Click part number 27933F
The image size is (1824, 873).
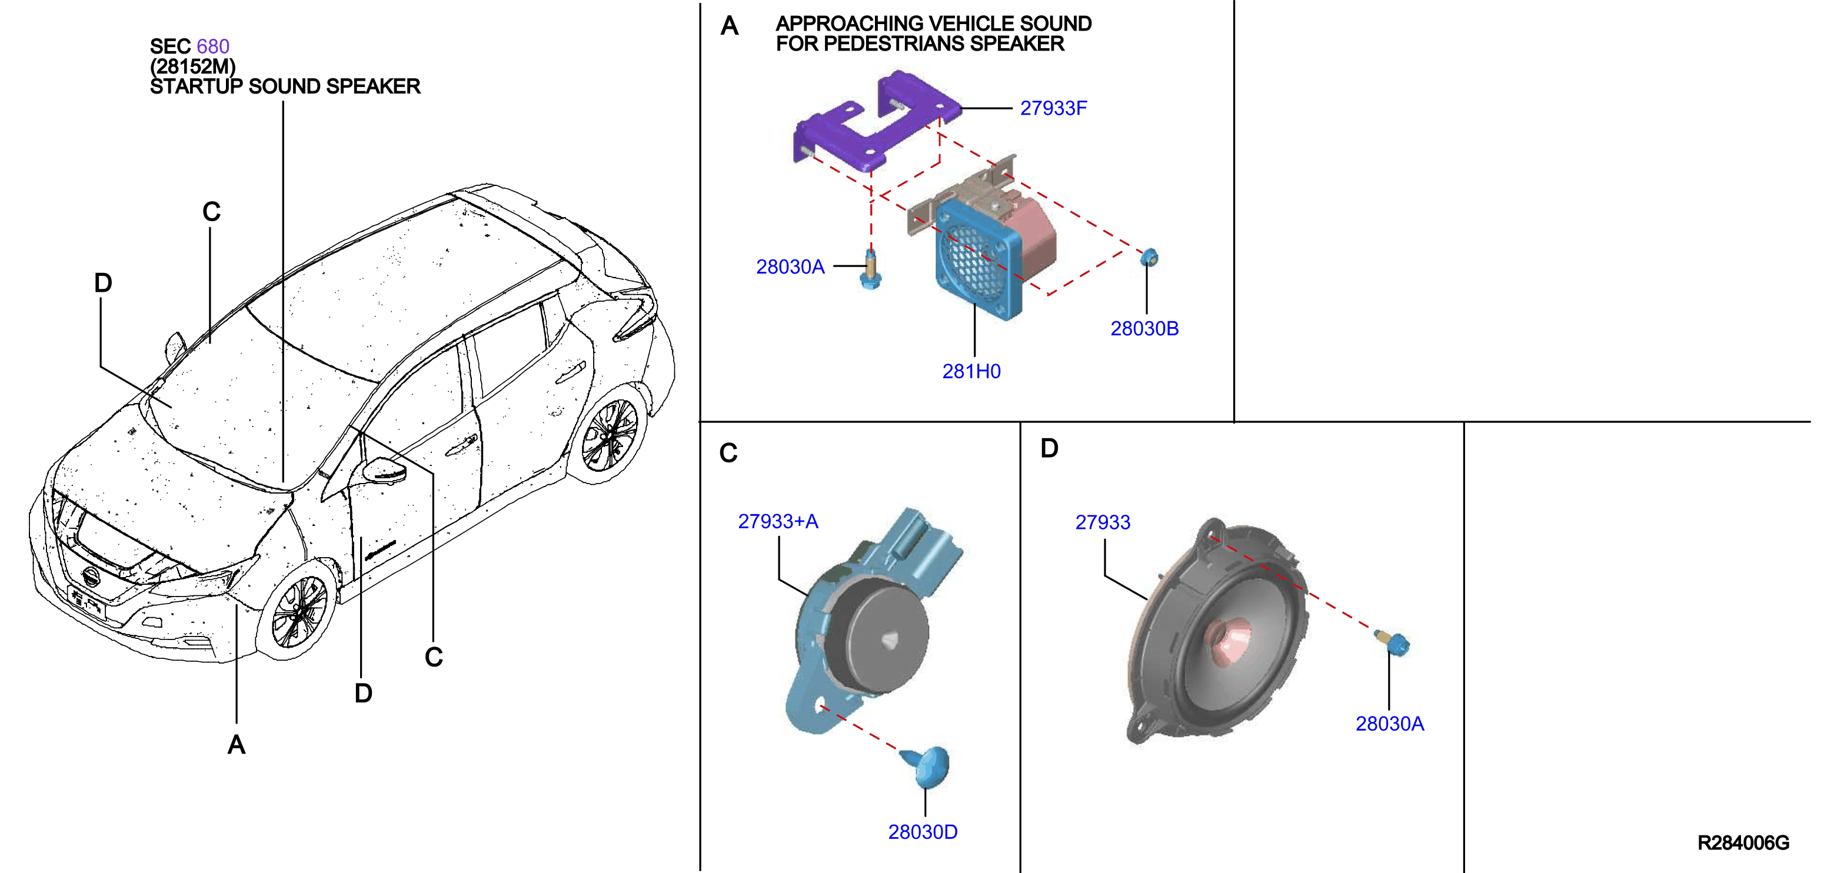[x=1053, y=108]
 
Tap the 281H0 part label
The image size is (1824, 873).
[x=971, y=371]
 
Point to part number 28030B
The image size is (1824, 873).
[x=1144, y=328]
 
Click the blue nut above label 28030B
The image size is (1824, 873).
[x=1149, y=257]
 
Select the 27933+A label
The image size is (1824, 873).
[x=778, y=522]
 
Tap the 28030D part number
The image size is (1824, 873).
[x=923, y=832]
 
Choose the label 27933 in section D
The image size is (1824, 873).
[x=1103, y=522]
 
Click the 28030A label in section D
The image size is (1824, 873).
[x=1389, y=724]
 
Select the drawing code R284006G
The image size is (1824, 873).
[x=1743, y=842]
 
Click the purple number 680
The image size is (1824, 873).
[x=213, y=46]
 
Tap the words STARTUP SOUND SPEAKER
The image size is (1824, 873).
[x=285, y=86]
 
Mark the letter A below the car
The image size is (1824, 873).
[x=237, y=745]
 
